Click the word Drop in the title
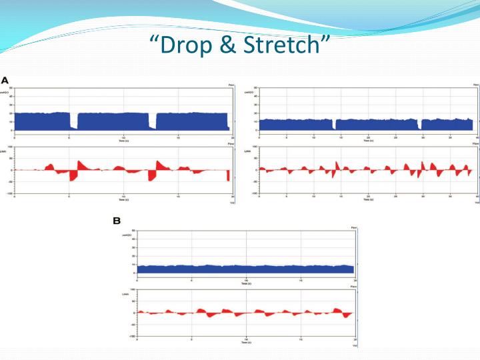(189, 47)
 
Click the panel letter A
(5, 79)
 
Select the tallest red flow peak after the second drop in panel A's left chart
(159, 163)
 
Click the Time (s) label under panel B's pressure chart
(247, 283)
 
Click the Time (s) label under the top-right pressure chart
(368, 141)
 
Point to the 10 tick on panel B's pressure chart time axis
(247, 279)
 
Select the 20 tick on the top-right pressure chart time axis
(368, 137)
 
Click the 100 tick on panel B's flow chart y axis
(133, 290)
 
